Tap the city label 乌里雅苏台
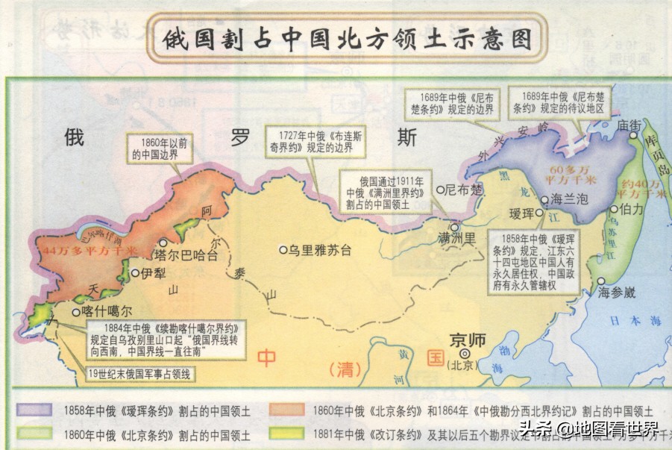tap(320, 250)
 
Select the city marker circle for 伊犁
tap(135, 273)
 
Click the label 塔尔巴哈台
tap(186, 254)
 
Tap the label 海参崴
tap(617, 293)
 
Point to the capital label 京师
tap(468, 340)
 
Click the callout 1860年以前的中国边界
tap(157, 150)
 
